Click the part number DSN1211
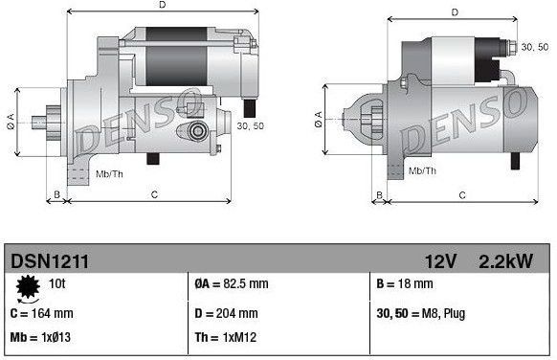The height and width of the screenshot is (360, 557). click(50, 259)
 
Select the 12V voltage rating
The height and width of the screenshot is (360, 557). click(443, 259)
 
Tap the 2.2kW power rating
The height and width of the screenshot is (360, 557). click(508, 259)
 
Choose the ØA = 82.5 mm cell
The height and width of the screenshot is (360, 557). click(233, 284)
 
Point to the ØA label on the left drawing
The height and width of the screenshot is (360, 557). click(10, 120)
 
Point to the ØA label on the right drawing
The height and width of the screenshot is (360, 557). click(317, 120)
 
